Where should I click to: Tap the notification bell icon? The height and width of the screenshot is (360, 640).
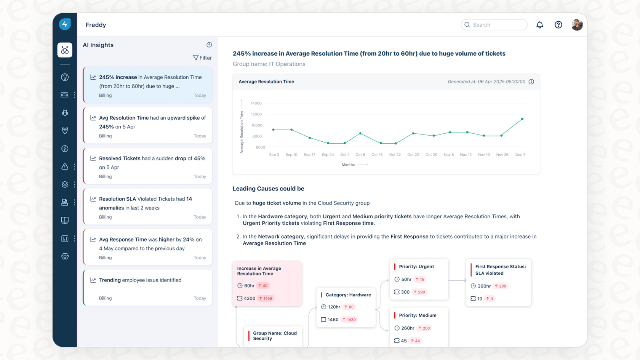coord(540,25)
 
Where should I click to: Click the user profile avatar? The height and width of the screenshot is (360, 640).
coord(577,25)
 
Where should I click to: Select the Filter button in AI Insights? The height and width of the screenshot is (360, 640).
coord(202,58)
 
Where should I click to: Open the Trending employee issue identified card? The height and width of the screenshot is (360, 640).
coord(148,288)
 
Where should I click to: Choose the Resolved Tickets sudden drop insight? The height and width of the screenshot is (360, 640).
coord(148,166)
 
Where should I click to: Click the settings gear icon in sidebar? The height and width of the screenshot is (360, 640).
coord(65,256)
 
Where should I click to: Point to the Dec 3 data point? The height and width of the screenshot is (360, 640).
coord(522,119)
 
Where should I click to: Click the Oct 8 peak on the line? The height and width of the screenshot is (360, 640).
coord(360,133)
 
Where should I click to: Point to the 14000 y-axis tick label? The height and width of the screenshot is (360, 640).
coord(256,103)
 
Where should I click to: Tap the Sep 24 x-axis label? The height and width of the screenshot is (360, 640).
coord(328,155)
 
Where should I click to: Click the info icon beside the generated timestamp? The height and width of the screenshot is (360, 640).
coord(531,82)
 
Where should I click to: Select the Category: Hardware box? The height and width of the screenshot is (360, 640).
coord(346,307)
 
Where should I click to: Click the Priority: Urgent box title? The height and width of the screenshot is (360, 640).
coord(416,267)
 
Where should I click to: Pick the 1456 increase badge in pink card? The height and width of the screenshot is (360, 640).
coord(266,298)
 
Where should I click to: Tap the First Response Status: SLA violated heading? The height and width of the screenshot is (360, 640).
coord(500,270)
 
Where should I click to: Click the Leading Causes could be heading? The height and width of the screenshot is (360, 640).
coord(269,189)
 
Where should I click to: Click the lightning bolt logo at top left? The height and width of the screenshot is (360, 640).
coord(65,24)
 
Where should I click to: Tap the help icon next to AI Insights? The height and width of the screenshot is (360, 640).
coord(209,45)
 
